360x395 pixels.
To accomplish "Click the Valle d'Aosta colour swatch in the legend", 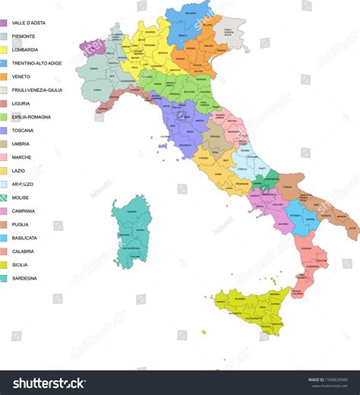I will [4, 23].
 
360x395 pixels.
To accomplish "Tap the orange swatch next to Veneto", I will [4, 77].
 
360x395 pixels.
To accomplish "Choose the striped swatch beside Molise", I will [4, 197].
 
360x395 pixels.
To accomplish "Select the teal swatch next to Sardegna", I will [4, 278].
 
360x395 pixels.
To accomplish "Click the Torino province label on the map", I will [93, 68].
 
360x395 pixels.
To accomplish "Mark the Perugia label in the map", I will [215, 136].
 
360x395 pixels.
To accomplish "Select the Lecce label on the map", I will [352, 228].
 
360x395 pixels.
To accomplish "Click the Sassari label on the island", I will [132, 210].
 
